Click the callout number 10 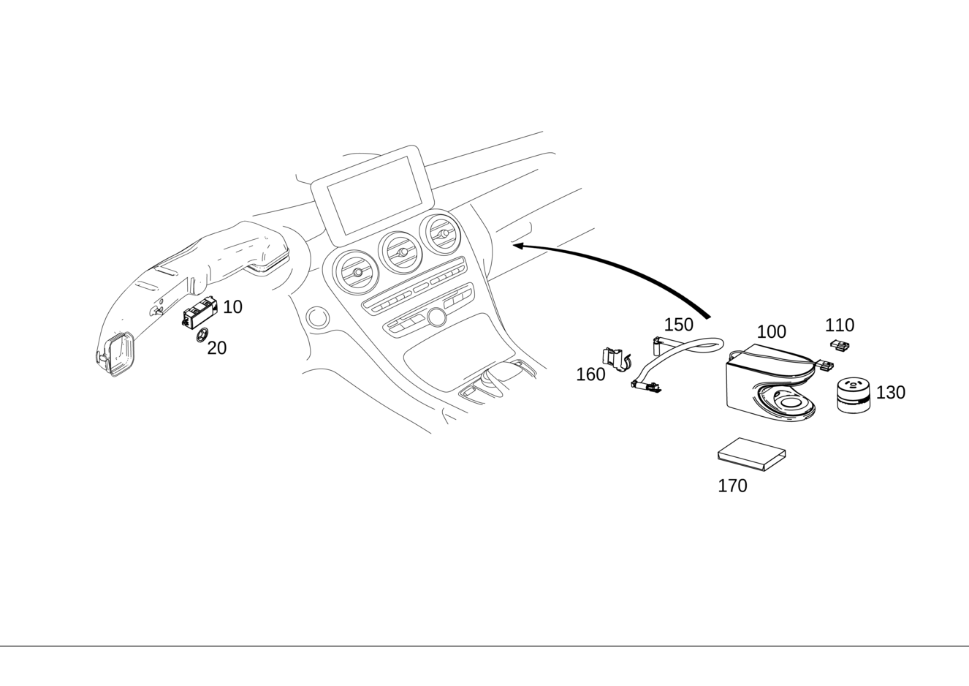point(232,307)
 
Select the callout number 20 point(217,348)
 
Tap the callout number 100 point(771,332)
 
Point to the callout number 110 point(840,325)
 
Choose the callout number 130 point(891,392)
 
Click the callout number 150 point(679,325)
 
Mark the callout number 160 point(590,374)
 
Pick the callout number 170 point(732,486)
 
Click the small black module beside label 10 point(199,312)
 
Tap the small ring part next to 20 point(202,335)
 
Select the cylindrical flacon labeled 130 point(853,395)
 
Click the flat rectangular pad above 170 point(751,454)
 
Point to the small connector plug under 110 point(840,345)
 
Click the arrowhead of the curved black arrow point(519,246)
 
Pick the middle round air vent point(400,252)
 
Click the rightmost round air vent point(440,234)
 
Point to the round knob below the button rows point(436,317)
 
